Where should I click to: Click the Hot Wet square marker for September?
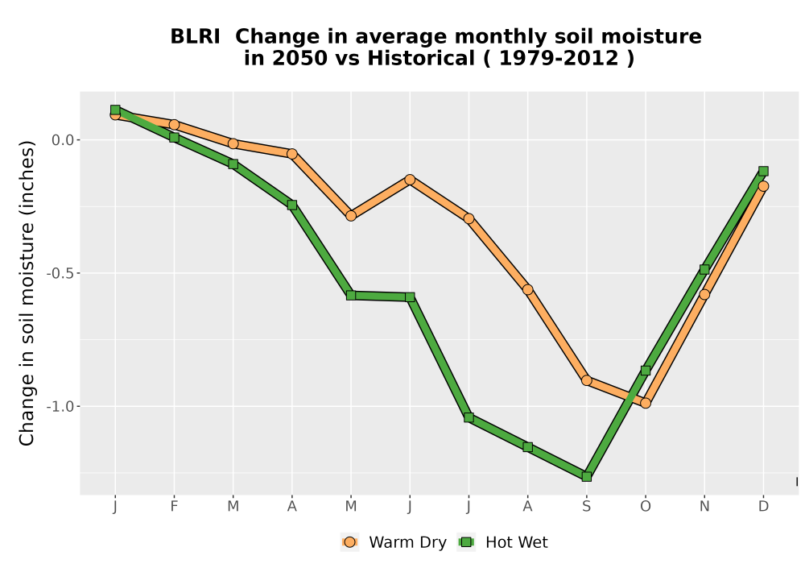point(586,477)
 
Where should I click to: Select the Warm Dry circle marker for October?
point(646,403)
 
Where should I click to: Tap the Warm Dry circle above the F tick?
point(174,124)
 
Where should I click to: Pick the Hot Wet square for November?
point(704,270)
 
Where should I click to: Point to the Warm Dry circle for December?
point(763,186)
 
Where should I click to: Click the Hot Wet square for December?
point(763,171)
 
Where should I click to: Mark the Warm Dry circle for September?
point(586,380)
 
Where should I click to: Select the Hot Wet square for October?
point(646,371)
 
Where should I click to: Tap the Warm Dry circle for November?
point(704,294)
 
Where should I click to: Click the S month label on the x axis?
point(586,507)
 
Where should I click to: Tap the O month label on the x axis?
point(646,507)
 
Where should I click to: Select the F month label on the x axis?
point(174,507)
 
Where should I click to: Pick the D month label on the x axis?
point(763,507)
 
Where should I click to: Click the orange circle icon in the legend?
point(349,542)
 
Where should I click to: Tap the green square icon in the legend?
point(466,542)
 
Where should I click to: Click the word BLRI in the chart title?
point(195,36)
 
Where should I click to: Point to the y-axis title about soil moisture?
point(27,293)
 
